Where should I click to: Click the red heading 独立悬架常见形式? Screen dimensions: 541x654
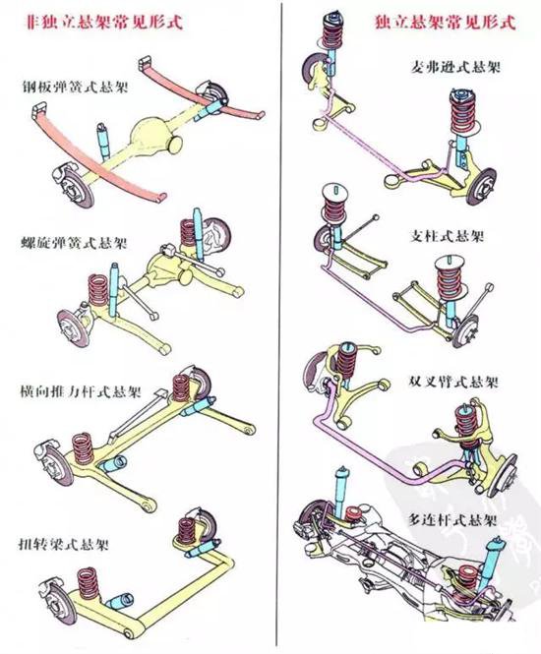coord(445,22)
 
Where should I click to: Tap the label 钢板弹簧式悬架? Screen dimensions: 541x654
coord(75,88)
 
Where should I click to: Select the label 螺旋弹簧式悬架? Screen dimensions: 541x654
coord(74,243)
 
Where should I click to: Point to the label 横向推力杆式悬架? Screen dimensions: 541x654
coord(81,392)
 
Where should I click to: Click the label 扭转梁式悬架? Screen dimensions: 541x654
coord(63,544)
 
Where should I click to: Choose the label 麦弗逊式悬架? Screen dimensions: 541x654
coord(455,67)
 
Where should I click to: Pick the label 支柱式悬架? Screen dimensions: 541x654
coord(447,236)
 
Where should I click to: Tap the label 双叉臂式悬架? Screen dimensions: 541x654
coord(453,382)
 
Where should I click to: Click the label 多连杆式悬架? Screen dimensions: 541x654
coord(452,520)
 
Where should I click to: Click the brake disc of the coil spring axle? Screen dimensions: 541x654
coord(73,327)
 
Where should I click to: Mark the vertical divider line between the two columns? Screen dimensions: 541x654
coord(278,326)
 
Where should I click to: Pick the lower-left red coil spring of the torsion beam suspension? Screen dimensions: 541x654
coord(89,582)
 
